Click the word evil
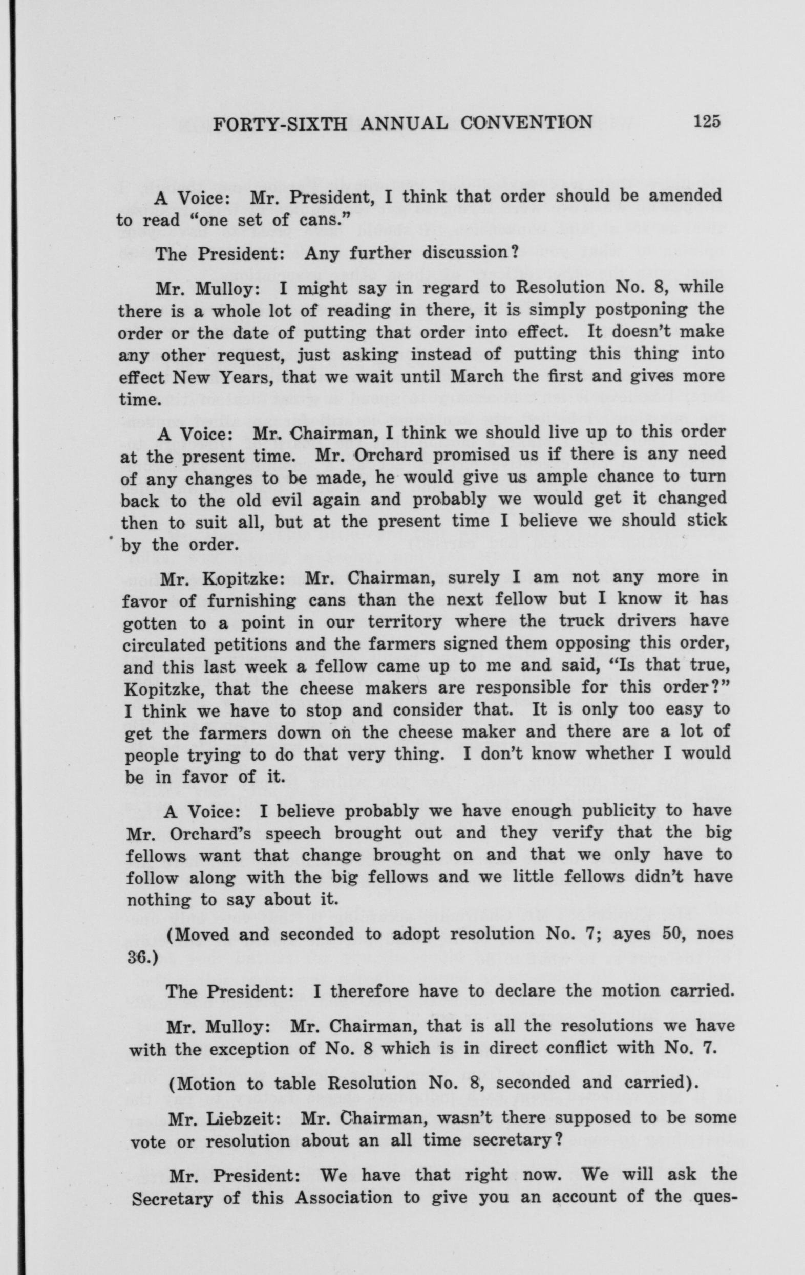(x=280, y=501)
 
